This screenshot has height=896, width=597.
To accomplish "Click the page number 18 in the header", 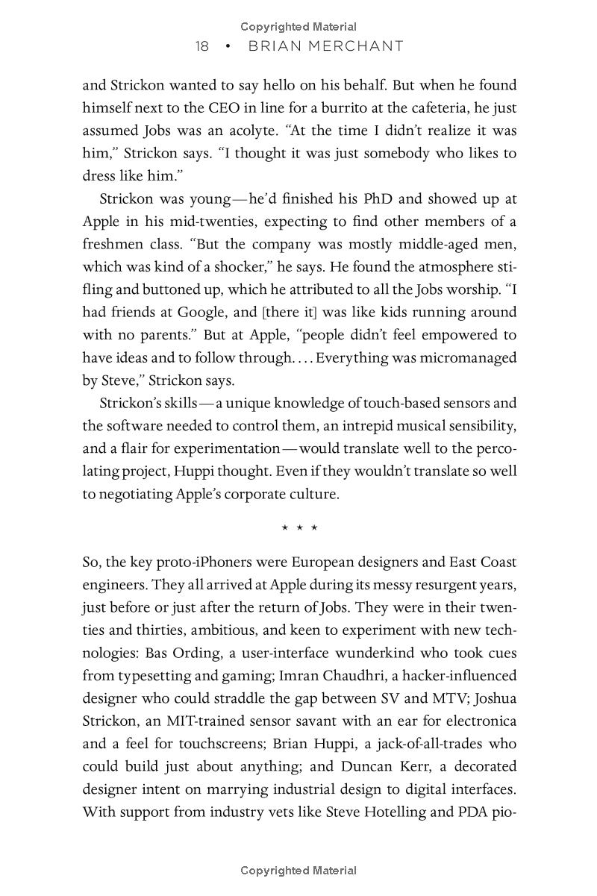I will point(201,46).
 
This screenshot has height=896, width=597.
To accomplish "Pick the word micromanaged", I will point(470,358).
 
